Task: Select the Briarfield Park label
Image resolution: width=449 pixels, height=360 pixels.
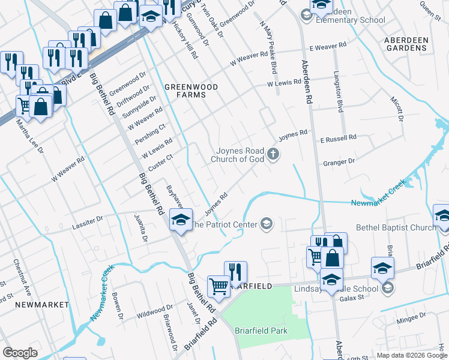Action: point(261,331)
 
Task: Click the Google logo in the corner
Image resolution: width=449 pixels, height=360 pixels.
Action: point(20,353)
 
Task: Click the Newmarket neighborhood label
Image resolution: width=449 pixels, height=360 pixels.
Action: point(34,305)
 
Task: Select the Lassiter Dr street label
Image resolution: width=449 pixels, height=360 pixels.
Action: point(88,221)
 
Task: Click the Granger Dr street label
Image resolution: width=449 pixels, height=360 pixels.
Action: point(339,161)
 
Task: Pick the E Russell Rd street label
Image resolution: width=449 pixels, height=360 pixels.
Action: point(338,137)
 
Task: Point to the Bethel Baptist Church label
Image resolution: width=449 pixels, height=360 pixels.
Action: point(396,227)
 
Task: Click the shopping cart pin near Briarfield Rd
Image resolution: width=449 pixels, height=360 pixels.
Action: point(218,286)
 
